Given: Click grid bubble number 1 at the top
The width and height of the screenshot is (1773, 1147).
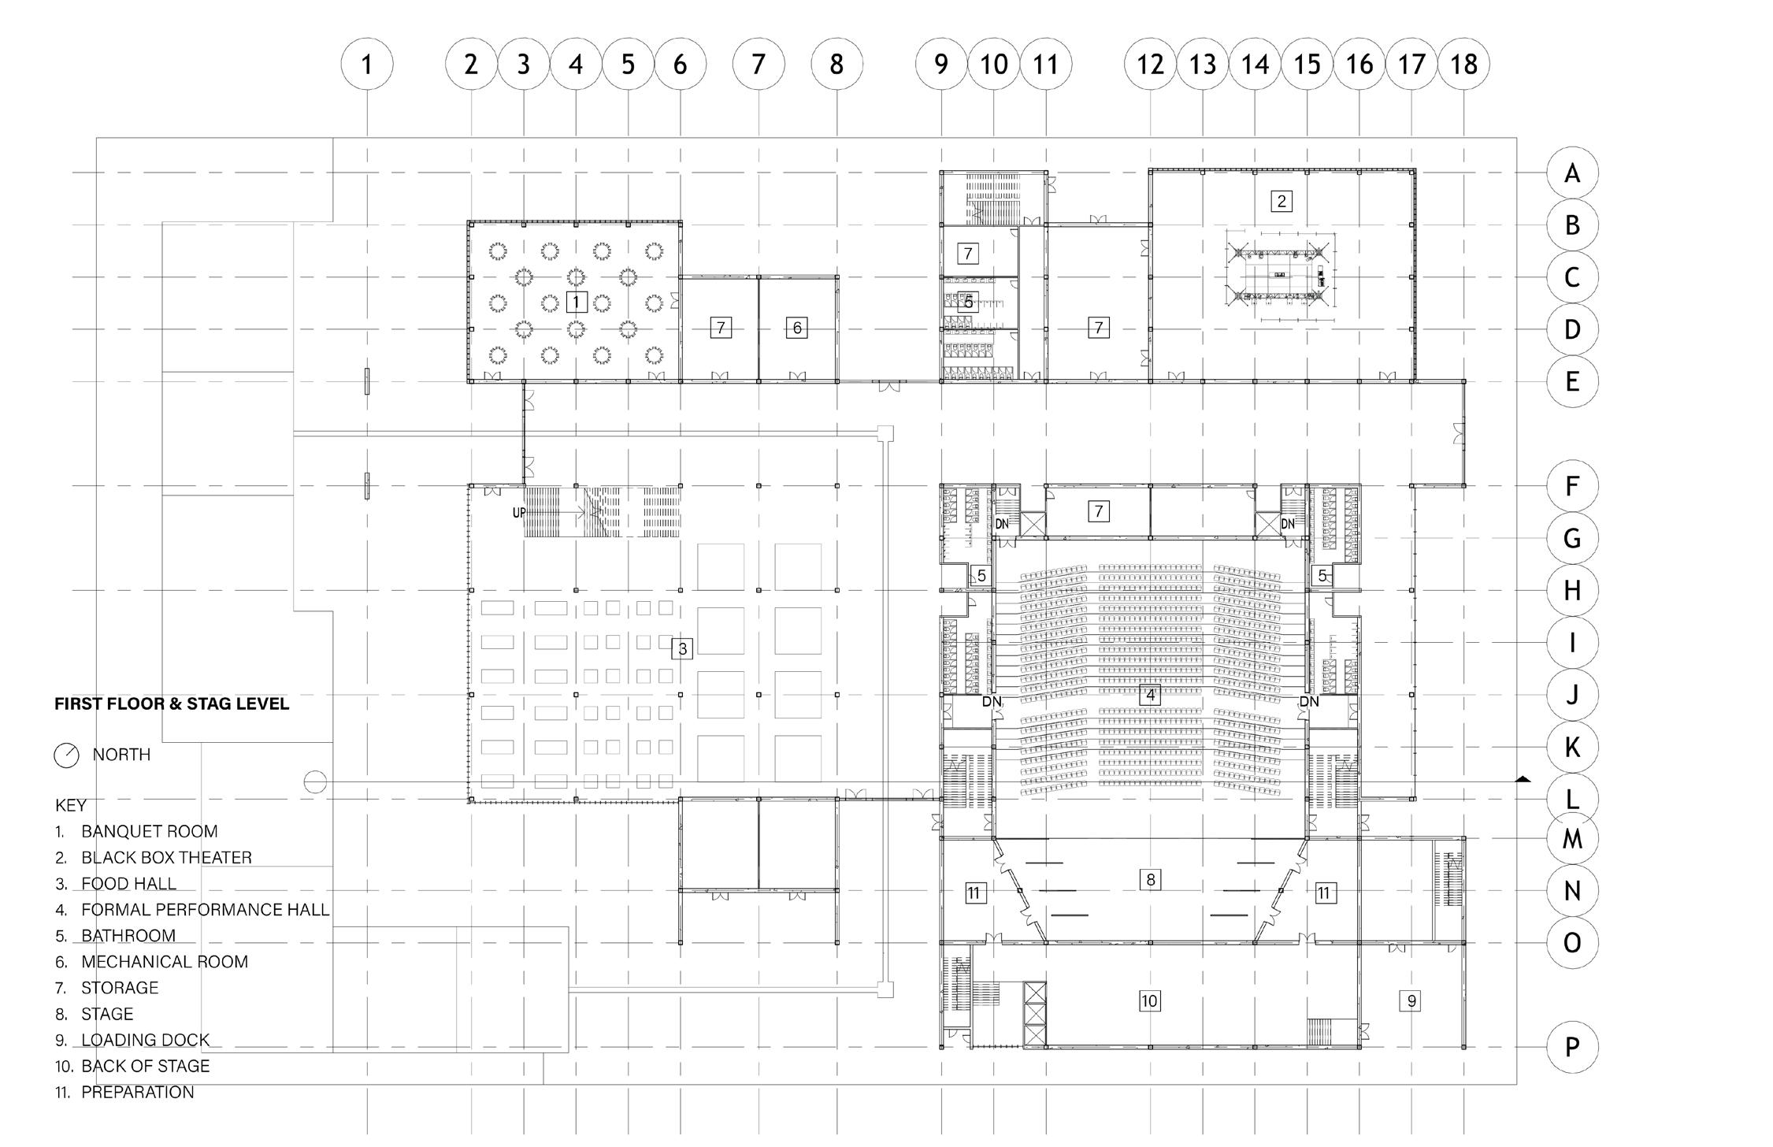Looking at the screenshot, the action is tap(366, 64).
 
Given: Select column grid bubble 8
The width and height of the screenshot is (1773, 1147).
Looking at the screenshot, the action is tap(836, 64).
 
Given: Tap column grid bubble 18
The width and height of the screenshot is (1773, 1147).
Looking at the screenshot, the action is tap(1463, 64).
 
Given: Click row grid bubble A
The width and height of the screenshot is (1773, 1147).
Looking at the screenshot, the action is tap(1572, 173).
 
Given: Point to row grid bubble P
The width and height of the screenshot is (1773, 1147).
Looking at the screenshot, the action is tap(1572, 1047).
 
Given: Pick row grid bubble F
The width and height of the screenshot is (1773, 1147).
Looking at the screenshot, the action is tap(1572, 486).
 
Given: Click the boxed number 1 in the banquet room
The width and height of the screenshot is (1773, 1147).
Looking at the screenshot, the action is tap(577, 302).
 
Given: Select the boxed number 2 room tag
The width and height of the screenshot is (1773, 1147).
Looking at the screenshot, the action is tap(1282, 201).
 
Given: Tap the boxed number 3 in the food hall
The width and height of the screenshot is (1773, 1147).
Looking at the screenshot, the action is tap(682, 648).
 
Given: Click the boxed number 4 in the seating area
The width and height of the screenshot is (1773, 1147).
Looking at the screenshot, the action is tap(1151, 695).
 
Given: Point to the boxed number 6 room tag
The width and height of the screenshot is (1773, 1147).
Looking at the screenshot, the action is tap(797, 328).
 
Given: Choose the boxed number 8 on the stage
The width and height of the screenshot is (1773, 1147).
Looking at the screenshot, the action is tap(1151, 879).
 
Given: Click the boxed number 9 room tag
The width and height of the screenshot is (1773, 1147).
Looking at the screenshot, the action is tap(1411, 1000).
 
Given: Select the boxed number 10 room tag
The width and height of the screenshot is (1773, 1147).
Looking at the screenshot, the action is tap(1149, 1000).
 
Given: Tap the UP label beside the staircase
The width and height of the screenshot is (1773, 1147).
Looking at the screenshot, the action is tap(519, 513).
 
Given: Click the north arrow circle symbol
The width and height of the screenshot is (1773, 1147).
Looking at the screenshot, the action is tap(66, 755).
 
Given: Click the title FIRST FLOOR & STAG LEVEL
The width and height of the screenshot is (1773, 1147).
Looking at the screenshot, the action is tap(172, 704).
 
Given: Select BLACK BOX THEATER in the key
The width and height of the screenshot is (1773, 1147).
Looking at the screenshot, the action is tap(166, 857).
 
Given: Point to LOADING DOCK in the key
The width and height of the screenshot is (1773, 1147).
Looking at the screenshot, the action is tap(146, 1040).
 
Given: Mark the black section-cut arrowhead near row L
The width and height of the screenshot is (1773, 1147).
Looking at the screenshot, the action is tap(1523, 779).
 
